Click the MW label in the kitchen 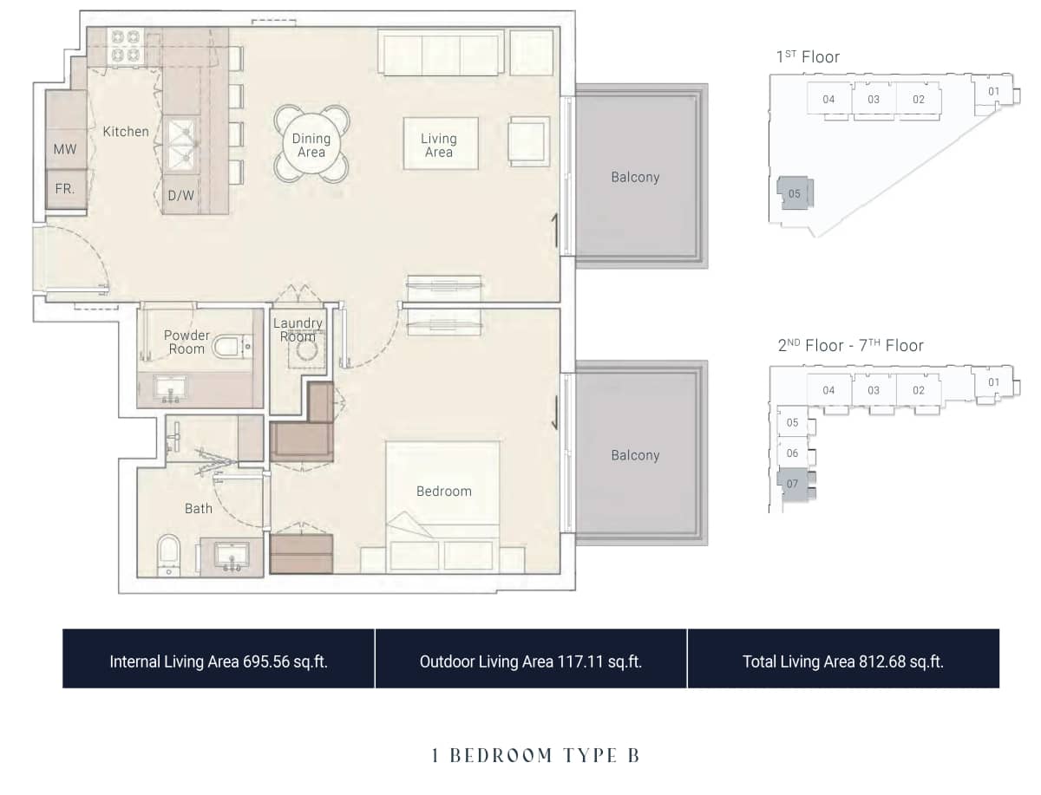coord(65,149)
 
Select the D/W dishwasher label coord(180,195)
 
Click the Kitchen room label coord(126,132)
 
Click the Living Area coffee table coord(440,144)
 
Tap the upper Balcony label coord(635,177)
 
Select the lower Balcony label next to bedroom coord(635,455)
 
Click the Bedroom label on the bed coord(443,491)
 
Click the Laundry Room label coord(298,329)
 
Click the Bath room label coord(199,508)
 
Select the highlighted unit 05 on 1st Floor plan coord(795,193)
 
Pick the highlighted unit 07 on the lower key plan coord(792,484)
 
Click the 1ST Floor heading coord(808,57)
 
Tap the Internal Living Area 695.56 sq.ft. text coord(219,661)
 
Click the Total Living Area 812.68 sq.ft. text coord(842,661)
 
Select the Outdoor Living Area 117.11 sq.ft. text coord(530,661)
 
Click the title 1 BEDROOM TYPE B coord(535,755)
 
